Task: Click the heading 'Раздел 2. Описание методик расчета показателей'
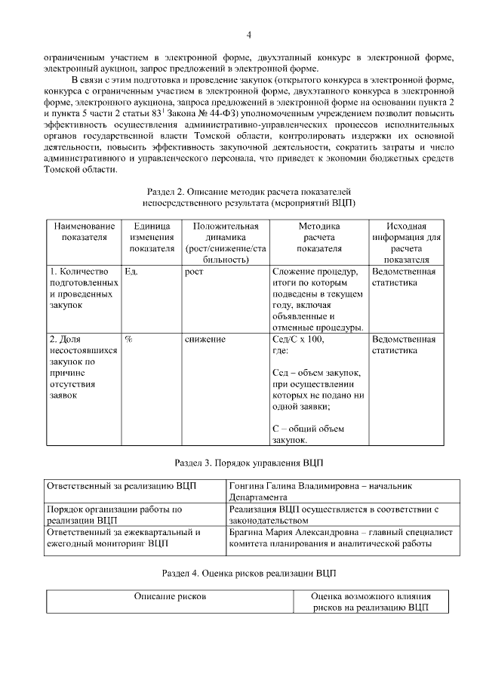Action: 248,192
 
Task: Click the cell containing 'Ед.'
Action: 131,271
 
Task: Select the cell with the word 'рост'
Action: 194,271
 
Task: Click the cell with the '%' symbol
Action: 128,339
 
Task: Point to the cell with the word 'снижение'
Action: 205,339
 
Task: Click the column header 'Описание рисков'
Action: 170,596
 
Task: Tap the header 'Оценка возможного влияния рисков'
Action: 370,601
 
